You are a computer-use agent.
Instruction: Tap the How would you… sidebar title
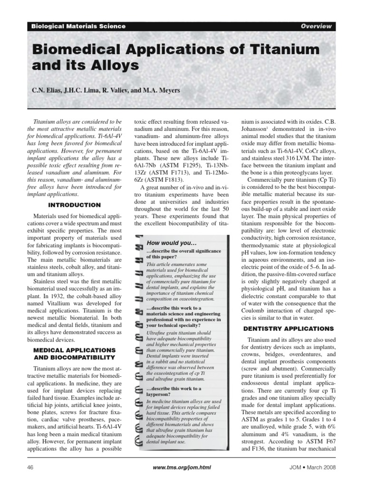click(x=172, y=243)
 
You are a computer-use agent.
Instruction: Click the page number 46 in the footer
click(x=32, y=468)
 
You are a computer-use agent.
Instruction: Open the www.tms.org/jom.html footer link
click(x=182, y=468)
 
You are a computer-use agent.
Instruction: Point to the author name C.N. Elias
click(x=48, y=90)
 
